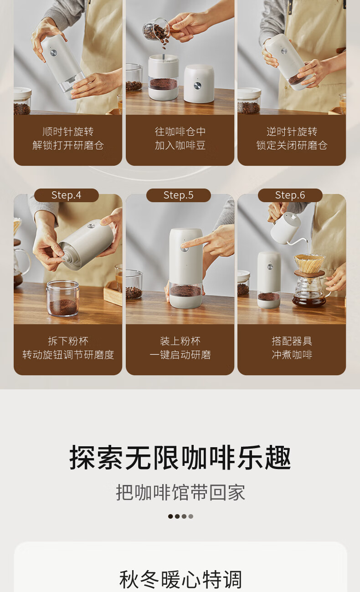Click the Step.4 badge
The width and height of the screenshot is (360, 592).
(67, 195)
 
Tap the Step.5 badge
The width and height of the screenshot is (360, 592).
(179, 195)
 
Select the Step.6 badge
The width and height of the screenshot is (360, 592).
(290, 195)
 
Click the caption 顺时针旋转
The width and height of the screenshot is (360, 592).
(68, 131)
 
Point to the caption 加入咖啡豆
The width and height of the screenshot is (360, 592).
(180, 145)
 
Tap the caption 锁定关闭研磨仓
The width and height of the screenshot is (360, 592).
(292, 145)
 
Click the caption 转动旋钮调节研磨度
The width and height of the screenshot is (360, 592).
(68, 355)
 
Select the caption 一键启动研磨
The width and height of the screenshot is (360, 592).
(180, 355)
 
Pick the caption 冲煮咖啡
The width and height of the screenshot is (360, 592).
(292, 355)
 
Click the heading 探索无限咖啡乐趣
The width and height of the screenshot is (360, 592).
(180, 457)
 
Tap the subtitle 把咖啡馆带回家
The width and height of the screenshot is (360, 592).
(180, 492)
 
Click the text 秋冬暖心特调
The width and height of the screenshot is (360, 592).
(180, 579)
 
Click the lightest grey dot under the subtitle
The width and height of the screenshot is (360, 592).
(191, 516)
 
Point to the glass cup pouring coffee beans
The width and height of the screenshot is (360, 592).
(157, 29)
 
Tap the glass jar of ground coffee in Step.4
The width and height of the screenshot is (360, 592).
(63, 298)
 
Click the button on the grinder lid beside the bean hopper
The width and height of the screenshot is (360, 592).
(198, 85)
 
